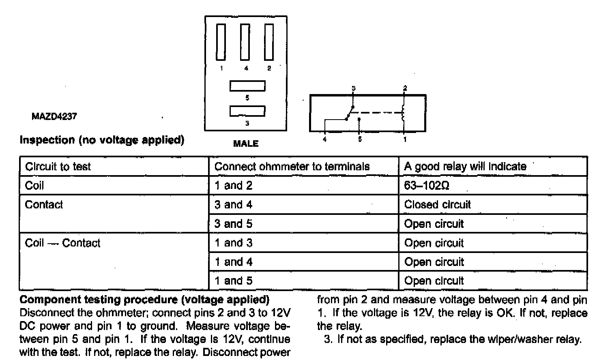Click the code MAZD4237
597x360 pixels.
pyautogui.click(x=54, y=116)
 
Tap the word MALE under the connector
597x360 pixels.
pyautogui.click(x=246, y=144)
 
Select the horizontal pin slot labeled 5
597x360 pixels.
pyautogui.click(x=247, y=86)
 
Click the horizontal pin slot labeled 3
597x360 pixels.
pyautogui.click(x=247, y=111)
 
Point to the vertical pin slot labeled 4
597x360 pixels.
pyautogui.click(x=245, y=42)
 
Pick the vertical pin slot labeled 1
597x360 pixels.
pyautogui.click(x=221, y=42)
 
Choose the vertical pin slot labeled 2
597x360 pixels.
pyautogui.click(x=269, y=42)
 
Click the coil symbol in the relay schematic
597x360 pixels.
pyautogui.click(x=404, y=113)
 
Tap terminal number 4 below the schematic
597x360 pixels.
pyautogui.click(x=324, y=139)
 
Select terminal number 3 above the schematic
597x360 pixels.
pyautogui.click(x=353, y=88)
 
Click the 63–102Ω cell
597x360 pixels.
pyautogui.click(x=427, y=186)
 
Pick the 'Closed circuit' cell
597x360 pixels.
pyautogui.click(x=437, y=204)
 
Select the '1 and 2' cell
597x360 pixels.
pyautogui.click(x=233, y=186)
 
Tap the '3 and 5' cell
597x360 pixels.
pyautogui.click(x=233, y=224)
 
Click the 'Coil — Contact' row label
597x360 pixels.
pyautogui.click(x=62, y=243)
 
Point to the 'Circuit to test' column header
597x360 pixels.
pyautogui.click(x=58, y=167)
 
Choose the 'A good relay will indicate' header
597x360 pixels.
pyautogui.click(x=465, y=166)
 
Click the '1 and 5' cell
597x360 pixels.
pyautogui.click(x=233, y=281)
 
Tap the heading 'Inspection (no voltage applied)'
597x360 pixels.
pyautogui.click(x=102, y=140)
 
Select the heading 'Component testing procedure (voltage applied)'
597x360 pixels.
pyautogui.click(x=144, y=300)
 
